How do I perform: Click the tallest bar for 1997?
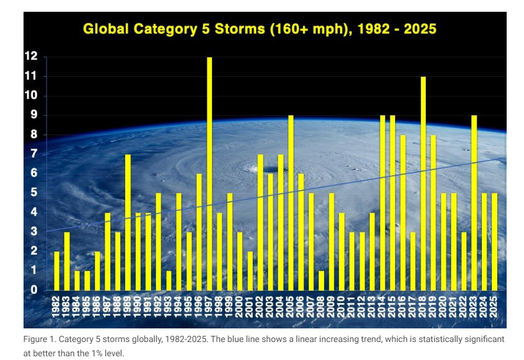(x=209, y=173)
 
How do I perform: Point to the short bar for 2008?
(x=321, y=280)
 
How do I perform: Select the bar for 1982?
(x=57, y=271)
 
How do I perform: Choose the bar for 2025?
(x=494, y=242)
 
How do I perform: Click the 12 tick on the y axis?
(x=31, y=56)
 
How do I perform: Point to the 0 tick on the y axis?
(x=34, y=290)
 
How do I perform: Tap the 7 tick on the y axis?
(x=34, y=154)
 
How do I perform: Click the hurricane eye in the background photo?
(x=270, y=169)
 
